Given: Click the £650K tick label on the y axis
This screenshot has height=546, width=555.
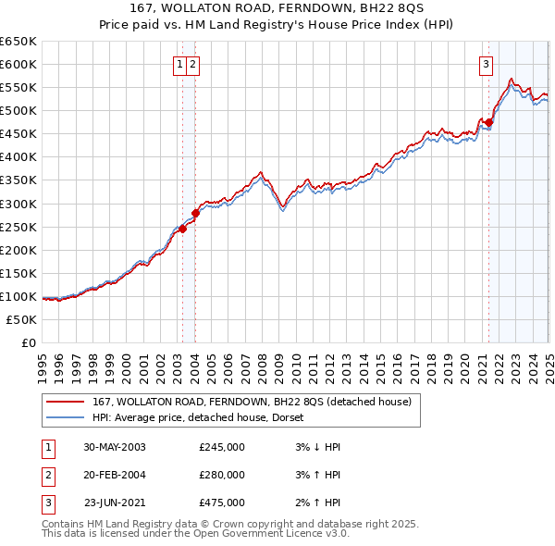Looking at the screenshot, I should (20, 42).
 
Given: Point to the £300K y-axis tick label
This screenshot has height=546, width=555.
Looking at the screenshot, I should (20, 204).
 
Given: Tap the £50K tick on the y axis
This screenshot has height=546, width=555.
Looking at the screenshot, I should (23, 319).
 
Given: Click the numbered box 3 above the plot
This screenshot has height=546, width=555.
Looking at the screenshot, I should (485, 65).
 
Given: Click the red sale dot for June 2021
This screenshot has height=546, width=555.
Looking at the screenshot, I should (488, 122).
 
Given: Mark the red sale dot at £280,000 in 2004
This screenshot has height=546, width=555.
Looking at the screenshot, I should (195, 213).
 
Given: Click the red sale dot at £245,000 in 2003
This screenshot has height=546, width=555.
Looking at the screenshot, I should (183, 229).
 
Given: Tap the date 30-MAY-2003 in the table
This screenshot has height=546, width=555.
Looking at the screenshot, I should (115, 447).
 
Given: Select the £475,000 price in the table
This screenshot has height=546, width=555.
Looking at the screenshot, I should (222, 503).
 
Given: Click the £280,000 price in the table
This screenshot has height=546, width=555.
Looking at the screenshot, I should (222, 475).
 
